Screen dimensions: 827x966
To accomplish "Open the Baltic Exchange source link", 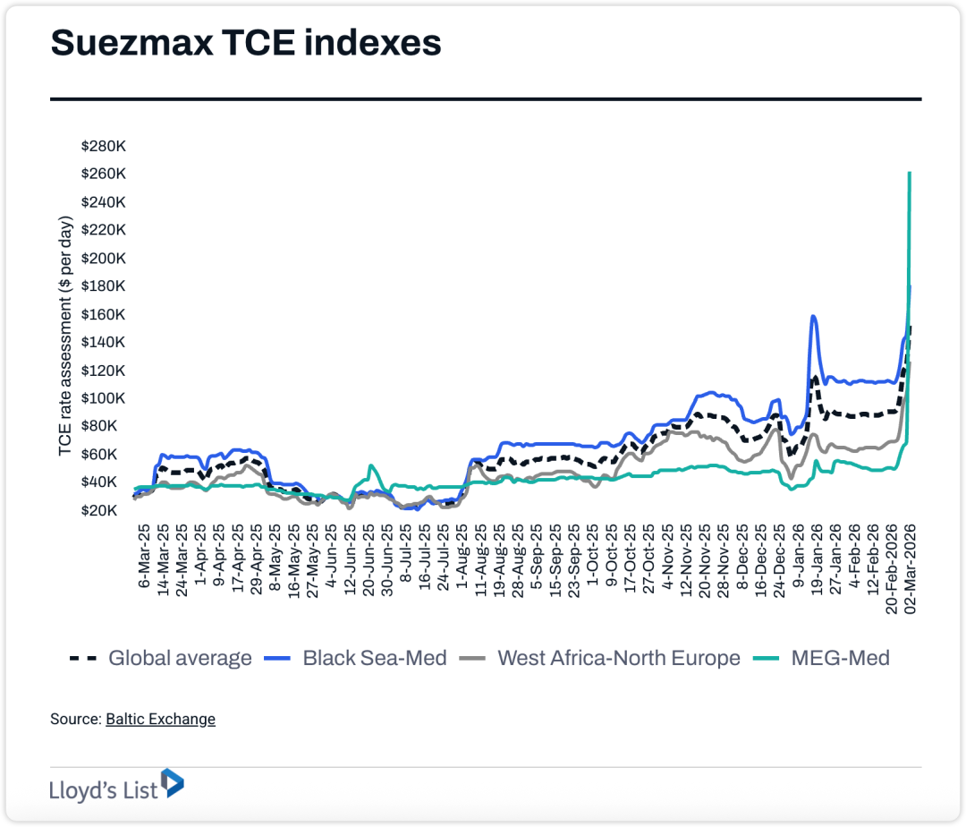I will tap(160, 719).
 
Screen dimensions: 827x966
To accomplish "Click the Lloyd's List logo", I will tap(116, 786).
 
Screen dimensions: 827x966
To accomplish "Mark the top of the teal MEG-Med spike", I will tap(910, 174).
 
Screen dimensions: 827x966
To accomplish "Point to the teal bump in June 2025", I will tap(370, 466).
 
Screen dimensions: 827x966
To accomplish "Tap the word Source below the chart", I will tap(75, 719).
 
